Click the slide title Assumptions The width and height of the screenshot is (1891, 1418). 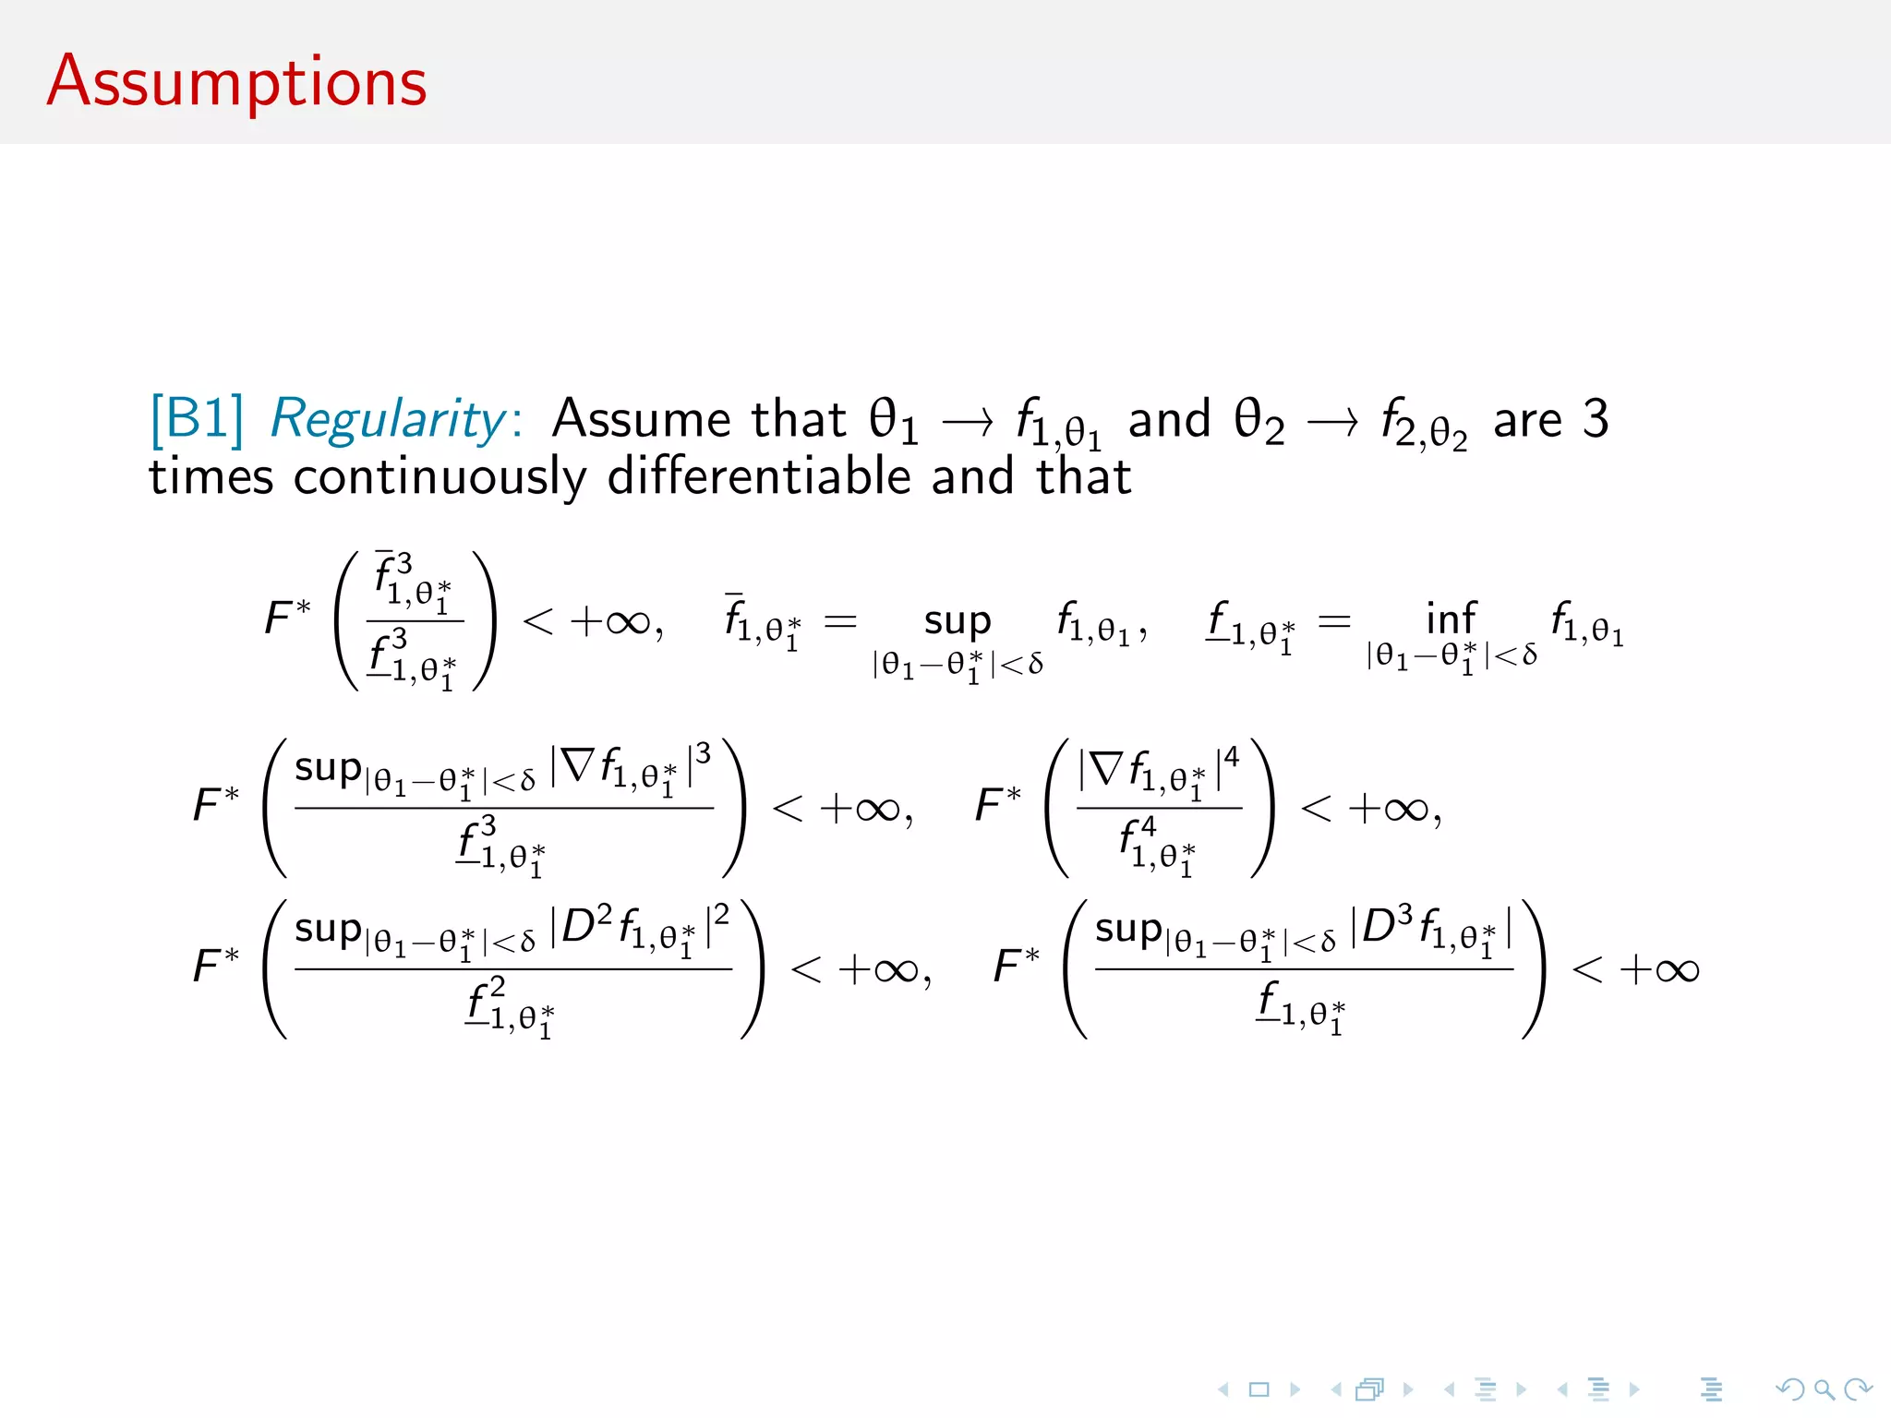pyautogui.click(x=236, y=83)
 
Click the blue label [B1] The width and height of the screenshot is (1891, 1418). pyautogui.click(x=197, y=419)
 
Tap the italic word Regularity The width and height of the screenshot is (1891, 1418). pyautogui.click(x=388, y=421)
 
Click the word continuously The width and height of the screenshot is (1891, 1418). pyautogui.click(x=440, y=478)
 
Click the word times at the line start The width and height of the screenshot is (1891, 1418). pyautogui.click(x=211, y=478)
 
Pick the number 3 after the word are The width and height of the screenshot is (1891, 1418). pyautogui.click(x=1596, y=419)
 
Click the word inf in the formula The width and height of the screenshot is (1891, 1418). pyautogui.click(x=1451, y=619)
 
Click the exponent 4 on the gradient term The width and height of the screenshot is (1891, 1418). pyautogui.click(x=1232, y=758)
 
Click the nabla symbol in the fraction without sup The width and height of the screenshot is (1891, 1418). pyautogui.click(x=1106, y=768)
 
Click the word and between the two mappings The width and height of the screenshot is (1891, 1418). pyautogui.click(x=1169, y=419)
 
